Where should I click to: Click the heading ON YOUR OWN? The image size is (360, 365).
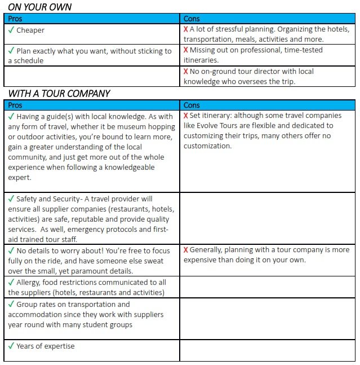pyautogui.click(x=39, y=7)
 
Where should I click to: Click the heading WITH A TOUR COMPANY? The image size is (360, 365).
pyautogui.click(x=59, y=94)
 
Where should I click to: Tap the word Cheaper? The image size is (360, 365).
pyautogui.click(x=30, y=30)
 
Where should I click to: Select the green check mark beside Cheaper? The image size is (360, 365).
pyautogui.click(x=11, y=30)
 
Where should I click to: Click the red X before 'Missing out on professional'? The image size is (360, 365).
pyautogui.click(x=185, y=50)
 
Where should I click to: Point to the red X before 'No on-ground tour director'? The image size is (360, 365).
pyautogui.click(x=185, y=72)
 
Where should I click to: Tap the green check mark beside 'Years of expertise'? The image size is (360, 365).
pyautogui.click(x=11, y=345)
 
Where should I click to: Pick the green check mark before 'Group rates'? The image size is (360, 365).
pyautogui.click(x=11, y=304)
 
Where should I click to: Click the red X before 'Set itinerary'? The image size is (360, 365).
pyautogui.click(x=185, y=116)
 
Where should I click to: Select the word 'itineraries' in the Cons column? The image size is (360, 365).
pyautogui.click(x=201, y=60)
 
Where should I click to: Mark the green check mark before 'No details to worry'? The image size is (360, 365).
pyautogui.click(x=11, y=250)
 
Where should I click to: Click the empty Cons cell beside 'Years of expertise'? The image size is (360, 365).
pyautogui.click(x=267, y=350)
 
